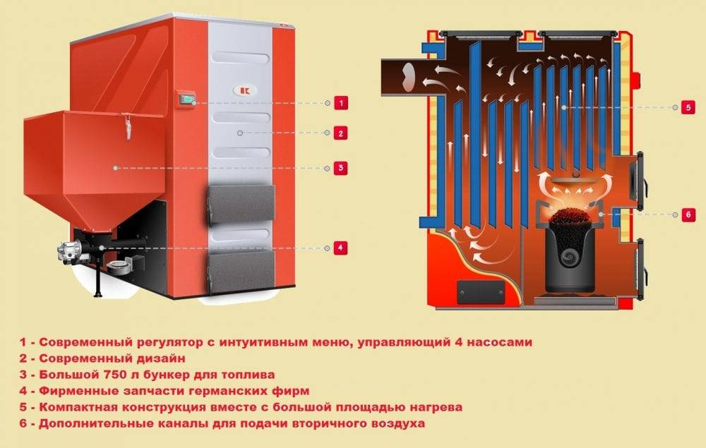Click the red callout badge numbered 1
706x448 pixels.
341,103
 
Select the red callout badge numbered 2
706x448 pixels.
341,133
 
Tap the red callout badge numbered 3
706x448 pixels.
341,168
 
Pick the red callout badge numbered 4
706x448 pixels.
341,248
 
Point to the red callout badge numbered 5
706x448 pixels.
688,107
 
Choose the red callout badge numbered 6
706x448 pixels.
688,215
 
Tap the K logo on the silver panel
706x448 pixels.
244,90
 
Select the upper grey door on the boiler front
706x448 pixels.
241,204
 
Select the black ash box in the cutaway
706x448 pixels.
481,292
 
